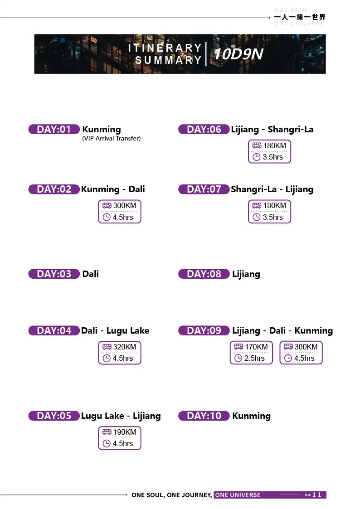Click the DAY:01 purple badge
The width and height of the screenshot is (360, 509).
(x=54, y=129)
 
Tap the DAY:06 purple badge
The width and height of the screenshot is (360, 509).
(x=204, y=129)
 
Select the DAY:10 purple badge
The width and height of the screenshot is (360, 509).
(x=204, y=416)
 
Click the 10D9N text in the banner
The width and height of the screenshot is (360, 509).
(x=238, y=54)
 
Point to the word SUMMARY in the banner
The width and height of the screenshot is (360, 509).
(x=169, y=60)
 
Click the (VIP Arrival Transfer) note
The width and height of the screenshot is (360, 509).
(x=112, y=139)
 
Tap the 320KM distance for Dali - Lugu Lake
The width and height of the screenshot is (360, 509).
(x=125, y=347)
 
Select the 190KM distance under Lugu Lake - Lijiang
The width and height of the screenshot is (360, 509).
(x=125, y=432)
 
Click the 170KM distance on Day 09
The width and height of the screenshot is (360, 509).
(x=257, y=347)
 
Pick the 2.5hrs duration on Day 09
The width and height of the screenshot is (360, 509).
(x=254, y=359)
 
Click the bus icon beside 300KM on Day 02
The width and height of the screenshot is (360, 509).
(x=107, y=205)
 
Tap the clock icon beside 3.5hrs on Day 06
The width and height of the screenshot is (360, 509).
(x=257, y=157)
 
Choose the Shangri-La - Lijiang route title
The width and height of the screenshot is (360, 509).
(x=272, y=189)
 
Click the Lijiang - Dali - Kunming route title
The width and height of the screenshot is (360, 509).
(x=282, y=331)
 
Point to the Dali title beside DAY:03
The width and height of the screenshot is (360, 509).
(x=91, y=274)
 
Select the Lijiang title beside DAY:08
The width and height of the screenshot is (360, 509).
(x=246, y=274)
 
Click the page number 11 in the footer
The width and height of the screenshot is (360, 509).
(x=316, y=494)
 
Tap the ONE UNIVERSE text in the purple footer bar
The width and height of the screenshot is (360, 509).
(x=238, y=495)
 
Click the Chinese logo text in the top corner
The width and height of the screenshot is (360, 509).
(x=300, y=17)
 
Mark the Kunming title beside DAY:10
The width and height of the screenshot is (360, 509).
(x=252, y=416)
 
